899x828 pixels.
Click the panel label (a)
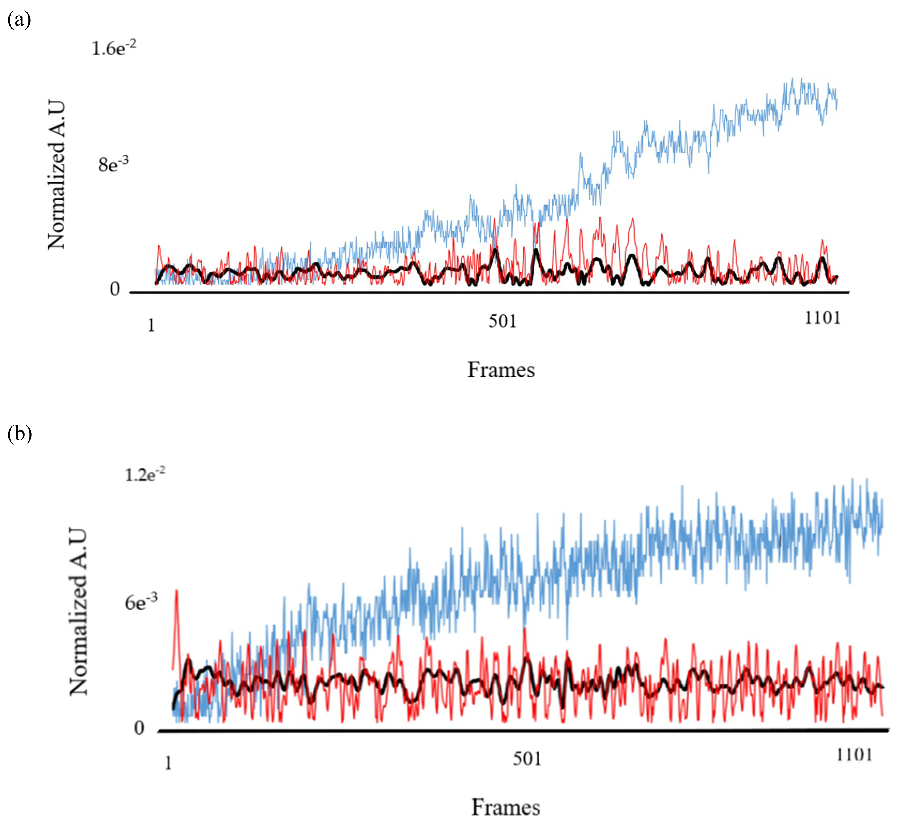pos(19,20)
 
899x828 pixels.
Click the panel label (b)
pos(19,434)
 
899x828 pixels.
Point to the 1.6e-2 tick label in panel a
pos(113,48)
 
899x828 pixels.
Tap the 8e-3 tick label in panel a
pos(113,165)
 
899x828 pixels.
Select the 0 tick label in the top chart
pos(115,290)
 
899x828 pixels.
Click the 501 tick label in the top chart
pos(503,321)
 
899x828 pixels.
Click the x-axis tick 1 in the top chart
pos(151,326)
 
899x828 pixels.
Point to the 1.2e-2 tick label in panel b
pos(144,474)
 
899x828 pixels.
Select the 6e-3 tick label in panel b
pos(141,603)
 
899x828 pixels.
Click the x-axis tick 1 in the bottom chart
pos(168,763)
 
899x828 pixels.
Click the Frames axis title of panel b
pos(506,808)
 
